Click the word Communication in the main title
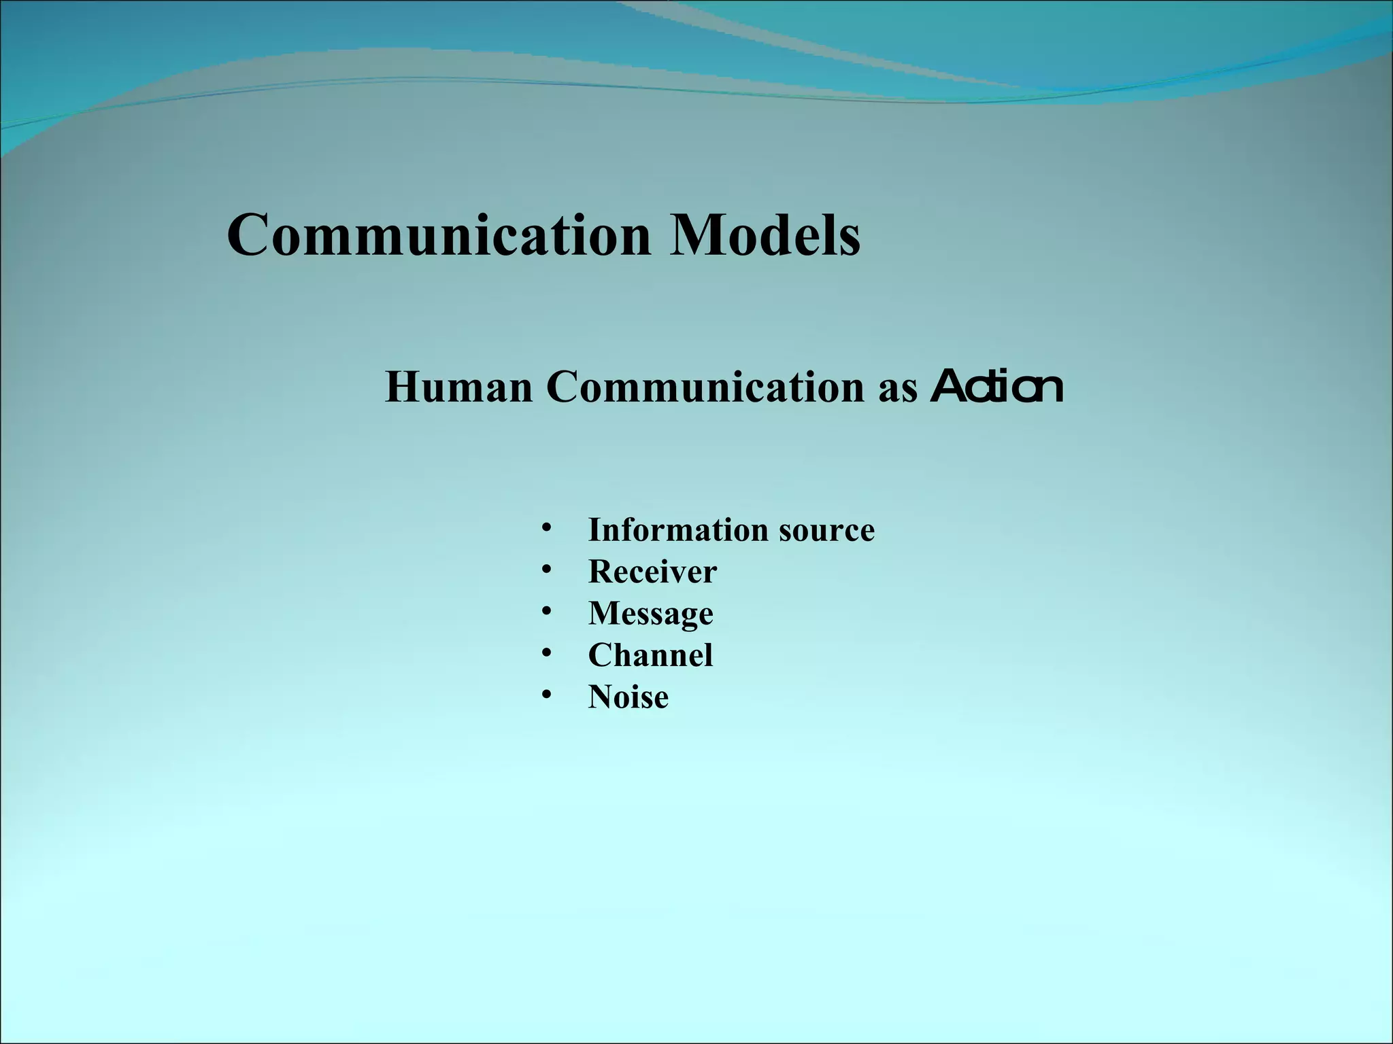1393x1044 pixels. pos(439,234)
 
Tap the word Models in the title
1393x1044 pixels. pos(765,234)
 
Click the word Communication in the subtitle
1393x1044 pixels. pos(705,387)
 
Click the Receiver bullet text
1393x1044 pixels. pos(652,572)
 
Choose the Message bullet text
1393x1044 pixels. pos(650,614)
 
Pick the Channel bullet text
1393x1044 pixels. pos(650,655)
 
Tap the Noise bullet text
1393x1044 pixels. pos(628,697)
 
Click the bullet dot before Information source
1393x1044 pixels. pos(546,527)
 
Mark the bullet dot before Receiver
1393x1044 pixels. pos(546,570)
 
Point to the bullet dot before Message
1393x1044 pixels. pos(546,611)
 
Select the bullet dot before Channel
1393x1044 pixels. pos(546,653)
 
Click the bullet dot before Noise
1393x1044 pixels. pos(546,695)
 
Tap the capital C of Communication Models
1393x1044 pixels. pos(250,234)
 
